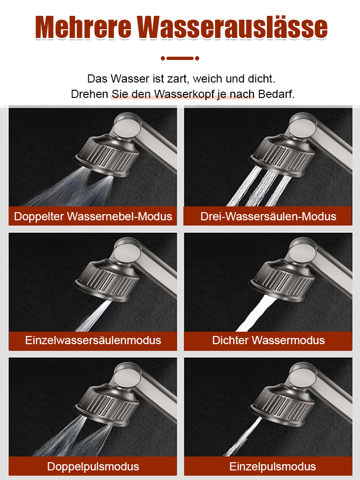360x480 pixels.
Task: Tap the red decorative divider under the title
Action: tap(180, 58)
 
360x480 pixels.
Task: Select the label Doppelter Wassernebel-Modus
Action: tap(93, 216)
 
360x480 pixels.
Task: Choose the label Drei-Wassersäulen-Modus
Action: tap(268, 216)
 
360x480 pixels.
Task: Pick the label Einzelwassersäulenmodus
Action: tap(93, 340)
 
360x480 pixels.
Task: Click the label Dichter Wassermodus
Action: tap(268, 340)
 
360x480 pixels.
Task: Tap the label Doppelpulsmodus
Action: tap(93, 466)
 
